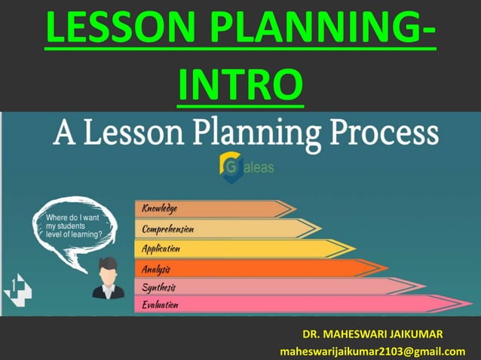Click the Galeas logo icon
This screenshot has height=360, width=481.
(228, 167)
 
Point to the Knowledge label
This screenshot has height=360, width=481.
(160, 208)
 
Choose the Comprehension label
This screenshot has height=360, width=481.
(168, 228)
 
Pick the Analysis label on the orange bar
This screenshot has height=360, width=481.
(156, 268)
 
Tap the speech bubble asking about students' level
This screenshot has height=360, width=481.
(72, 225)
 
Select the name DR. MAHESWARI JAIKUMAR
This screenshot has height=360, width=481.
(372, 334)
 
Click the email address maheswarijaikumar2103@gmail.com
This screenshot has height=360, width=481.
(372, 351)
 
